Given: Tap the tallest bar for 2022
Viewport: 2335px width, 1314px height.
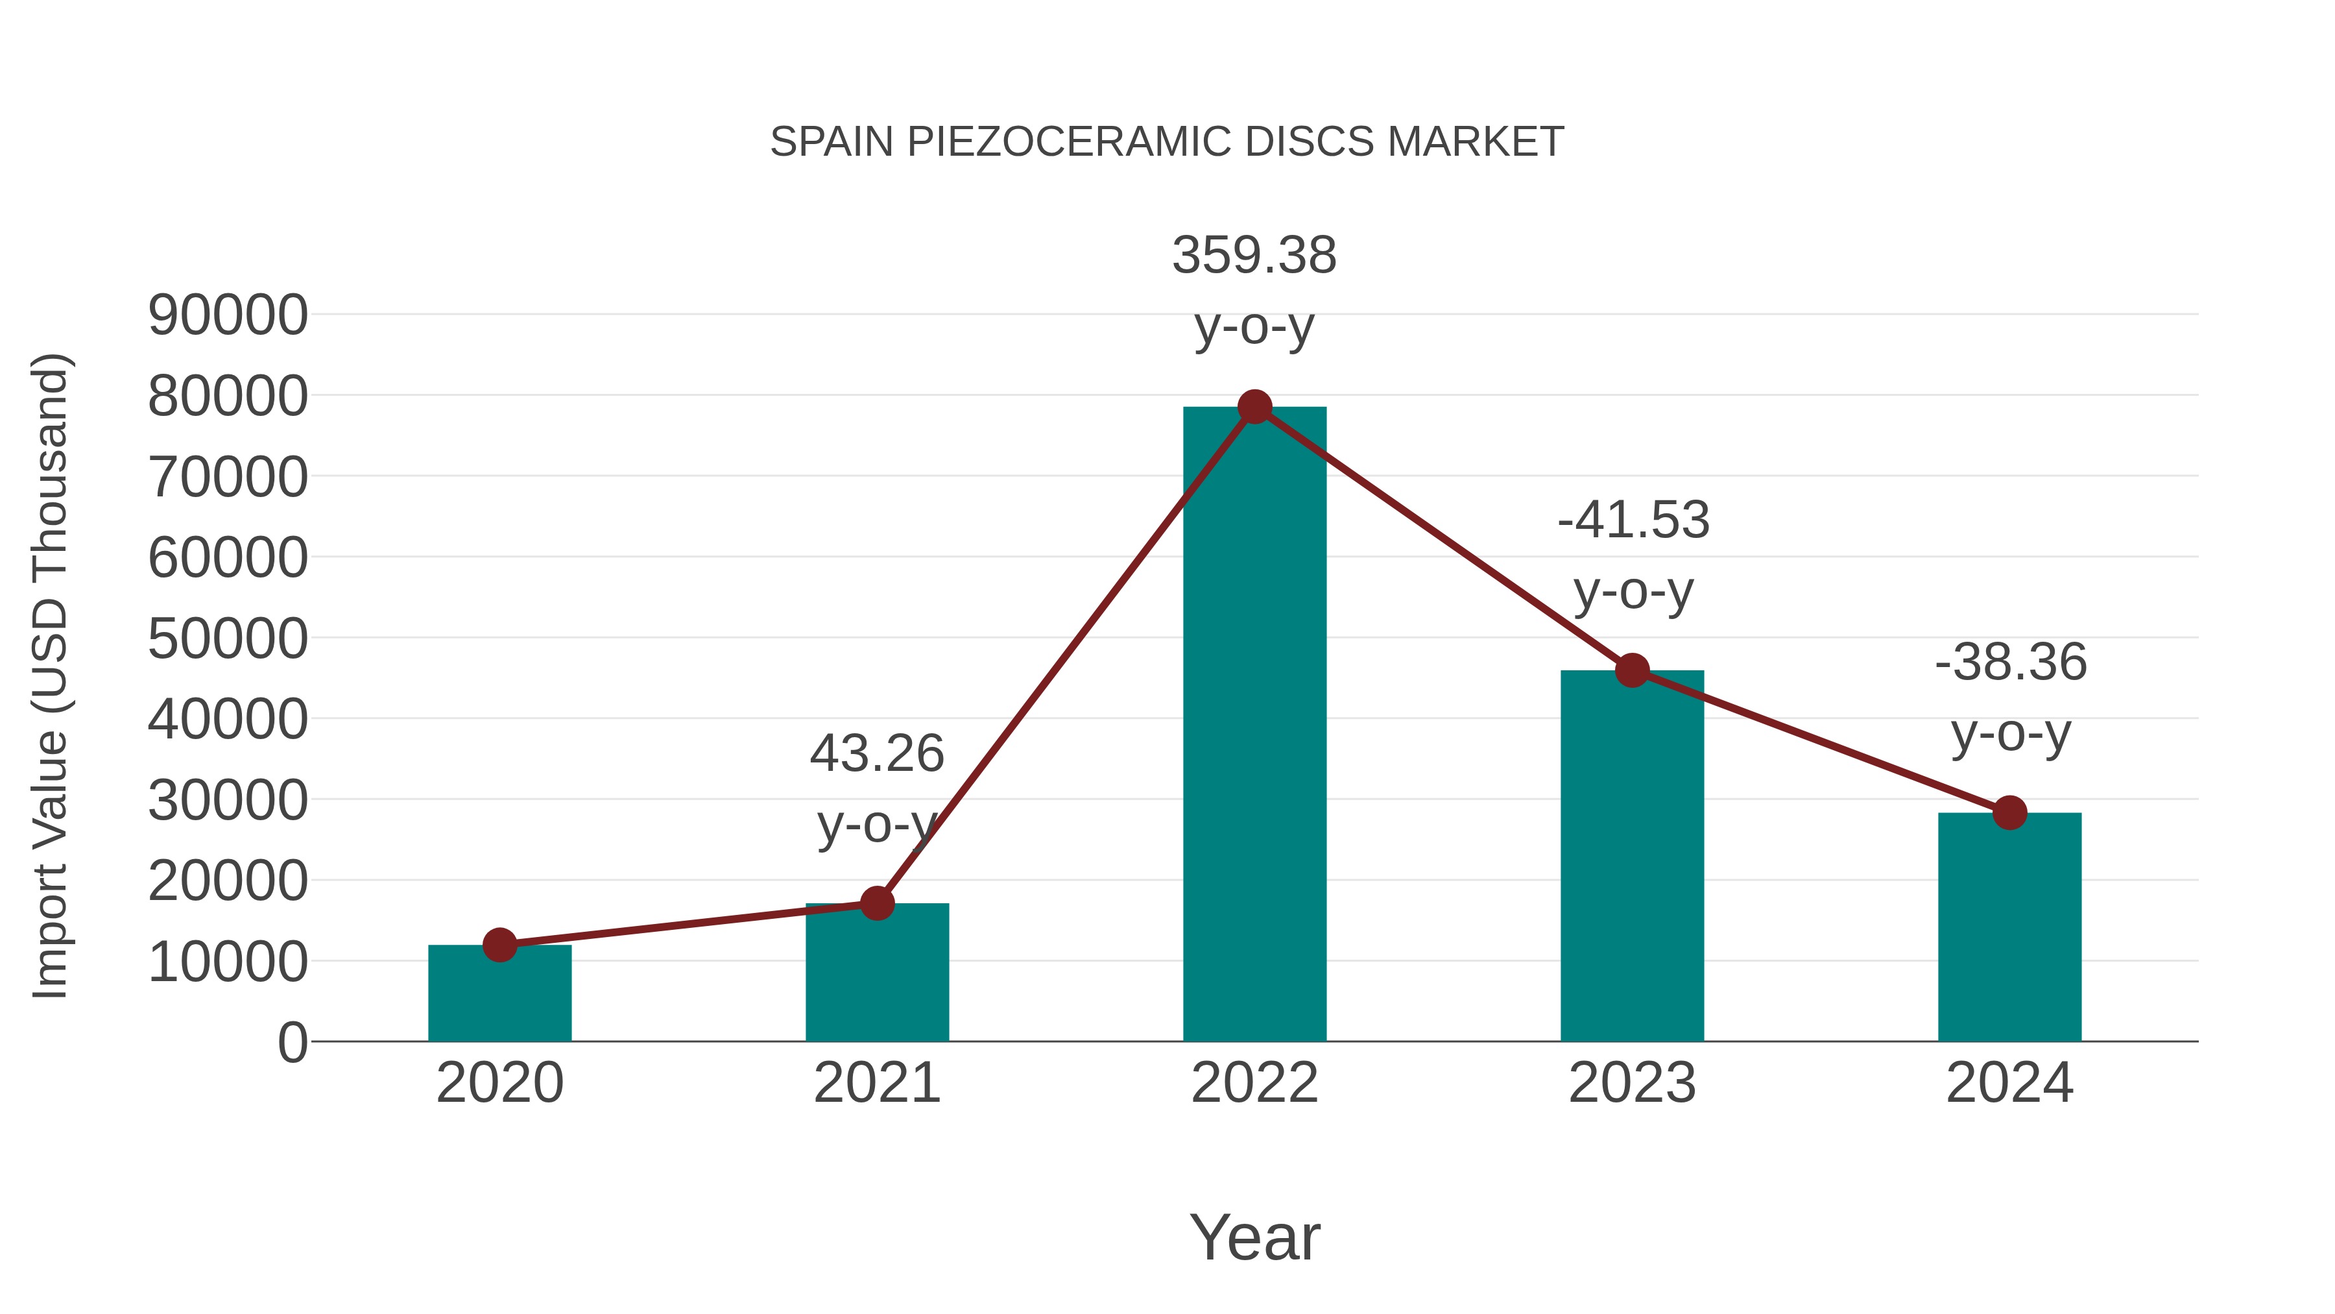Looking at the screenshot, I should click(x=1254, y=725).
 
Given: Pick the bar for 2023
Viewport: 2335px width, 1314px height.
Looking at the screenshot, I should click(x=1632, y=857).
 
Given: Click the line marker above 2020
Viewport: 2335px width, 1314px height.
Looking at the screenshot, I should click(x=499, y=945).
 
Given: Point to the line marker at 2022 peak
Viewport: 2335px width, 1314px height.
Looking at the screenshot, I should click(x=1254, y=407).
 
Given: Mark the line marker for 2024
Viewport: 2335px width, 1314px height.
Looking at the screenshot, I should click(x=2009, y=812).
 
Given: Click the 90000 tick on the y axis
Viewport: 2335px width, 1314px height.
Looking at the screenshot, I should click(x=228, y=315).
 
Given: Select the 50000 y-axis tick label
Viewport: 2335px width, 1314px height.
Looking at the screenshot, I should click(x=228, y=639).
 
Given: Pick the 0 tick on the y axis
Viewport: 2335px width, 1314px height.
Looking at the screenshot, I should click(x=293, y=1042).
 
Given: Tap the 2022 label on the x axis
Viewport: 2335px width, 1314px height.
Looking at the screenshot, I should click(x=1254, y=1083).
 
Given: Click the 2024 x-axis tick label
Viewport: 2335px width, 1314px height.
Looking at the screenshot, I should click(x=2009, y=1083).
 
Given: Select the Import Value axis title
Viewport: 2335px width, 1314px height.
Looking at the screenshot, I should click(x=51, y=675).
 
